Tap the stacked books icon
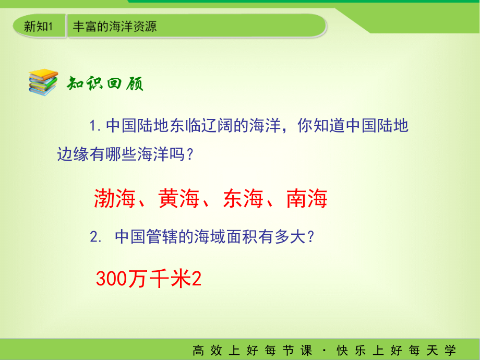pyautogui.click(x=43, y=82)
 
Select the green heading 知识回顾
pyautogui.click(x=104, y=83)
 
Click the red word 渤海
pyautogui.click(x=115, y=199)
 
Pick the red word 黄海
pyautogui.click(x=179, y=199)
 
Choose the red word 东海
pyautogui.click(x=243, y=199)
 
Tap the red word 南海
pyautogui.click(x=307, y=199)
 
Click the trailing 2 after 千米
pyautogui.click(x=197, y=279)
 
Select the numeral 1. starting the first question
pyautogui.click(x=94, y=126)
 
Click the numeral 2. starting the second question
pyautogui.click(x=94, y=237)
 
